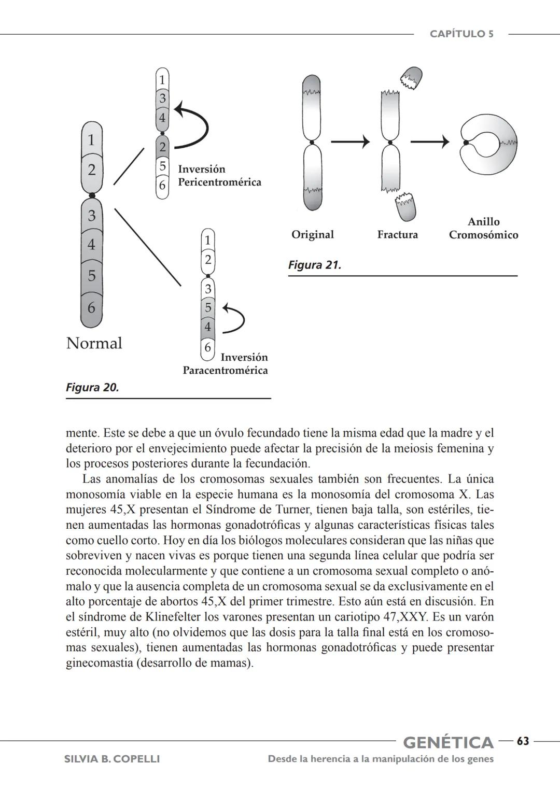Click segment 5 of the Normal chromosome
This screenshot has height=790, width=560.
click(92, 275)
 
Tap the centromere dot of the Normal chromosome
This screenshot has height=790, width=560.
click(92, 195)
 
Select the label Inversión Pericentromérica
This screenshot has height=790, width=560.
click(219, 176)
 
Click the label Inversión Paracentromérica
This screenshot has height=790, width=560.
click(226, 364)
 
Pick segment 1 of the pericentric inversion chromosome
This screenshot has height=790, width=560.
click(162, 80)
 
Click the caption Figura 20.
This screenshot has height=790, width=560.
click(92, 387)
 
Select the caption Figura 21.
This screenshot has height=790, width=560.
click(314, 265)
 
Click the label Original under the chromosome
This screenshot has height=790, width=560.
click(312, 234)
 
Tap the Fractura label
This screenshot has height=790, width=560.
click(397, 235)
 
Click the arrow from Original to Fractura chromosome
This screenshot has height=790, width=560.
click(351, 142)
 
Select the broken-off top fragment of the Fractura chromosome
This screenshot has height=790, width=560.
click(411, 78)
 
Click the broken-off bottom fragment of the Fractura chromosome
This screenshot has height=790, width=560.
click(405, 206)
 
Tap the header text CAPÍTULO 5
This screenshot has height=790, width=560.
click(461, 34)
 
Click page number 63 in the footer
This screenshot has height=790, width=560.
click(523, 742)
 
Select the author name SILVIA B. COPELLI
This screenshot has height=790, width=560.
click(111, 759)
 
